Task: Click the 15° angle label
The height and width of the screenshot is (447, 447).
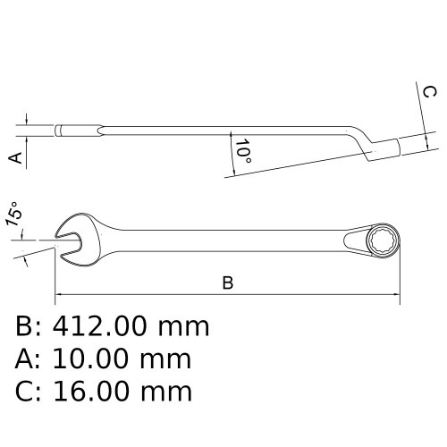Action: [13, 215]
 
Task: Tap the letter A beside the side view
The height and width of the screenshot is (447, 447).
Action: [14, 157]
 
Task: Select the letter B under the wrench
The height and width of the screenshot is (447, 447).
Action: [227, 283]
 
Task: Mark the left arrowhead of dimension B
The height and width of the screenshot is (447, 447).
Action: [60, 294]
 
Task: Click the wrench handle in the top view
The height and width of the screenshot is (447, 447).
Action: [223, 239]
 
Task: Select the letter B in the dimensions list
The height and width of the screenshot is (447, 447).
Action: [24, 326]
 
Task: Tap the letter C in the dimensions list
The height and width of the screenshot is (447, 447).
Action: [24, 391]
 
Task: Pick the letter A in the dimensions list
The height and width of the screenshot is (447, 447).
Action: [24, 358]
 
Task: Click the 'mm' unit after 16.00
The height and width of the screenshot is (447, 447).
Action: [171, 391]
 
